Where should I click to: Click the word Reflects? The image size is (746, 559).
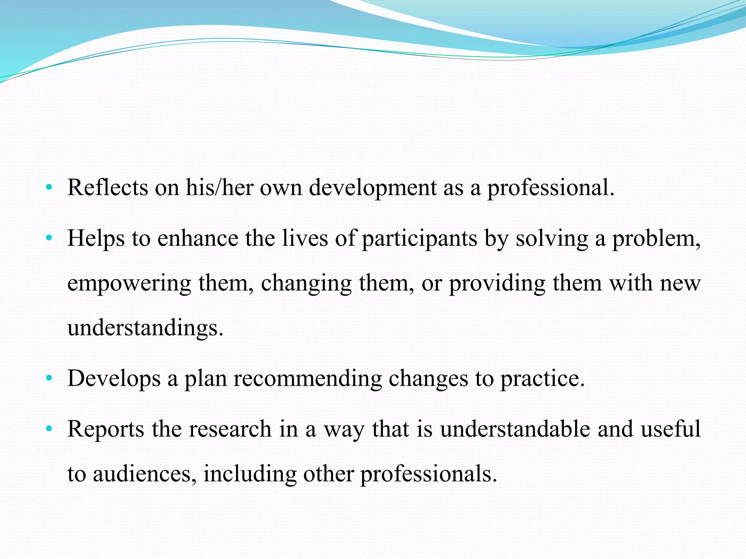click(x=108, y=188)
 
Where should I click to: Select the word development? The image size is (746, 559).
click(x=372, y=188)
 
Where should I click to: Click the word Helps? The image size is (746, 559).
click(x=96, y=239)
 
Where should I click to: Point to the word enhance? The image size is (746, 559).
click(x=198, y=239)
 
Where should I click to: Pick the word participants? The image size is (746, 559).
click(x=419, y=239)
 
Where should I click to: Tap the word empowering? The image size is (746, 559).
click(x=129, y=284)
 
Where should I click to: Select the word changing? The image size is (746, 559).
click(x=306, y=284)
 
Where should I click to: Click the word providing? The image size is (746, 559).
click(x=497, y=284)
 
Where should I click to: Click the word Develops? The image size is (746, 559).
click(x=114, y=379)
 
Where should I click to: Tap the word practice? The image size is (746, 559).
click(x=542, y=379)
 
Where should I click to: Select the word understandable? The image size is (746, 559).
click(x=515, y=429)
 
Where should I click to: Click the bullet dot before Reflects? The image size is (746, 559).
click(x=49, y=188)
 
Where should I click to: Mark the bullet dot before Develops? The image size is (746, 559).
click(x=49, y=378)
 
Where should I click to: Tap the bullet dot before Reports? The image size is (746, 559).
click(x=49, y=429)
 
